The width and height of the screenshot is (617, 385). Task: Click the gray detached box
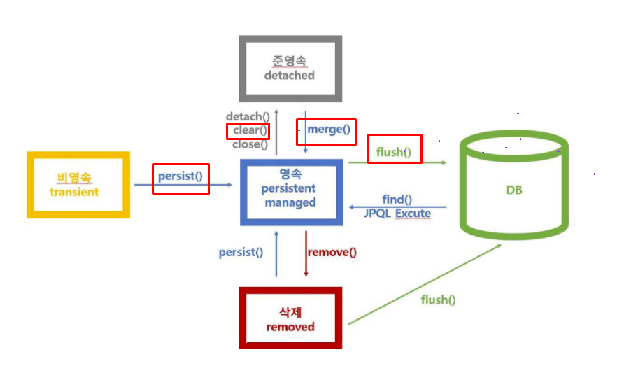290,68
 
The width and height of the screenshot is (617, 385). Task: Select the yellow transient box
78,184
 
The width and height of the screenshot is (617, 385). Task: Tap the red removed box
290,318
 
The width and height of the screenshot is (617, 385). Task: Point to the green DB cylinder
513,190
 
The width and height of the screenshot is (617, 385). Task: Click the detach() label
248,116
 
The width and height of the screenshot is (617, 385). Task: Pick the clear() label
250,130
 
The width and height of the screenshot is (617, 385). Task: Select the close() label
250,145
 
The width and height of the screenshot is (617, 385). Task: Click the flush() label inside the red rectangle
394,151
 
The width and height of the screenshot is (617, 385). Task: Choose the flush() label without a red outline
438,300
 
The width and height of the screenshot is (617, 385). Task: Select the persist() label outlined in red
180,176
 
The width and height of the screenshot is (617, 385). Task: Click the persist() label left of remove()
241,252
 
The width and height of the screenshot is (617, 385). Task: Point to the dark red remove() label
332,252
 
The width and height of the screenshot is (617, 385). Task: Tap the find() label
397,199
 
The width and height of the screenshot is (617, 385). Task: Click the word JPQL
377,213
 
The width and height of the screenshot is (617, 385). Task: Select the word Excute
413,213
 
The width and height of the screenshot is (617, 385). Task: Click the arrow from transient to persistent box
183,185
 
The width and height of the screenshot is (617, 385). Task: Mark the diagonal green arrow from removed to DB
424,284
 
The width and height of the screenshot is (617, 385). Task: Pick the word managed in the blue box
290,202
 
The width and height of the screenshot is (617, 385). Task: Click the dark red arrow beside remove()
306,253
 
